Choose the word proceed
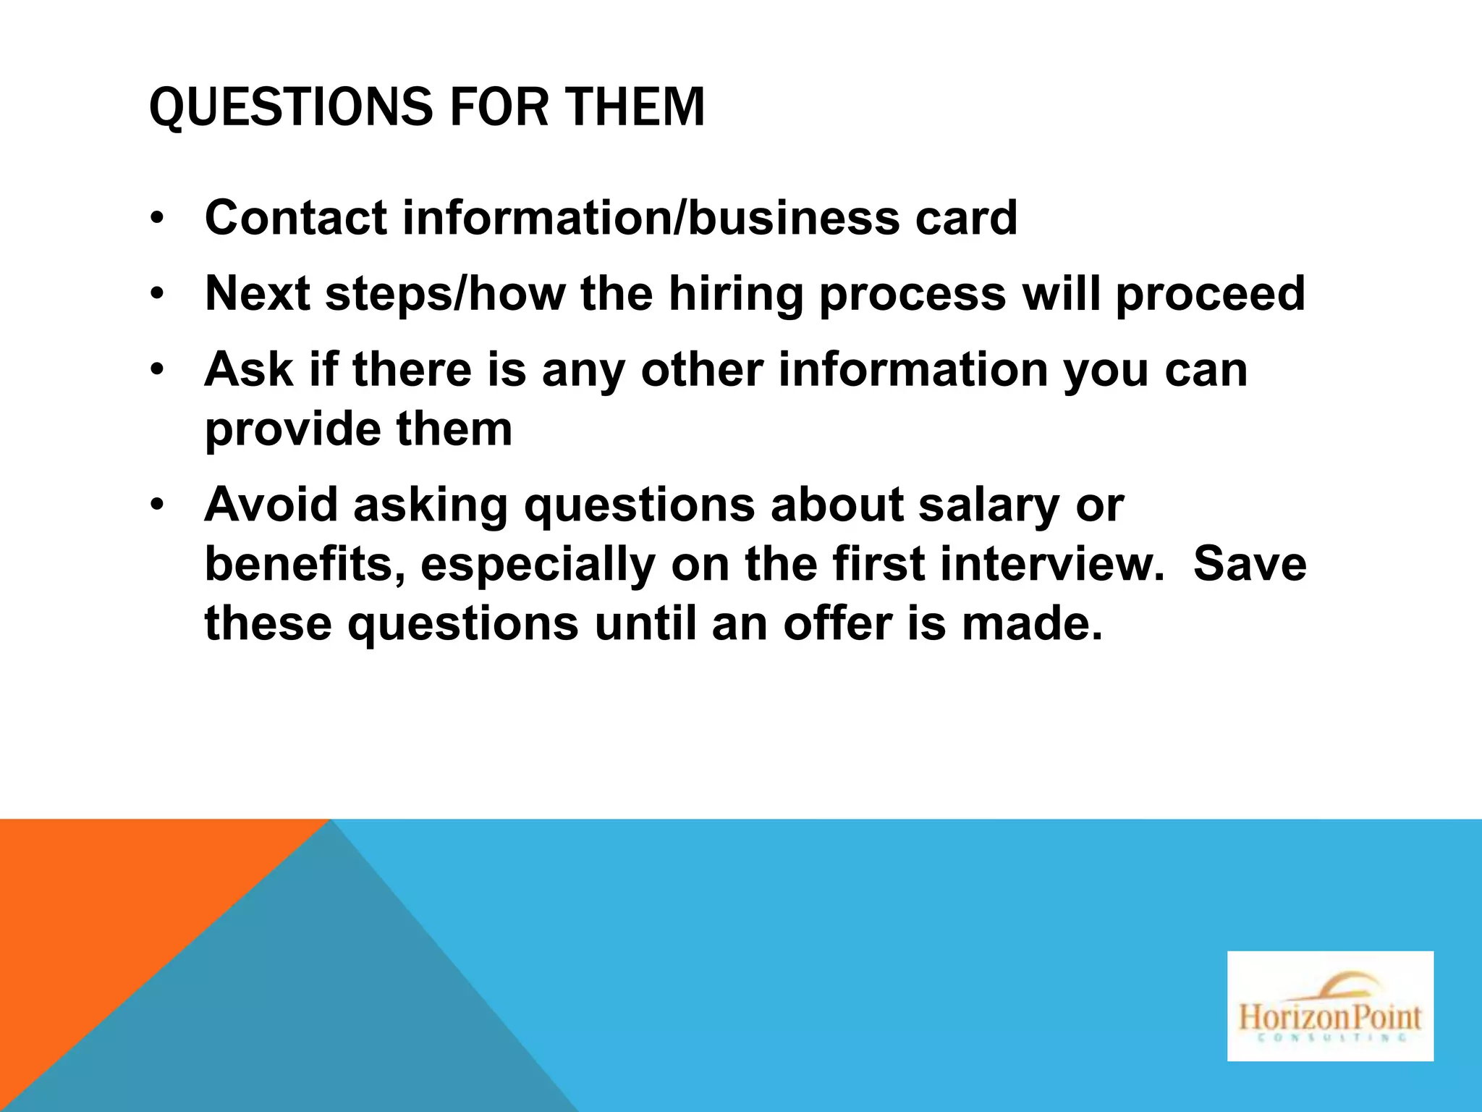[x=1210, y=295]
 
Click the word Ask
[x=249, y=369]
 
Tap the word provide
[x=293, y=430]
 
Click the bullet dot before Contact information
[x=158, y=219]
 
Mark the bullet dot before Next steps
[x=158, y=295]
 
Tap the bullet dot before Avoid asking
[x=158, y=505]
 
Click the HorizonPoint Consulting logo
[x=1330, y=1006]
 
